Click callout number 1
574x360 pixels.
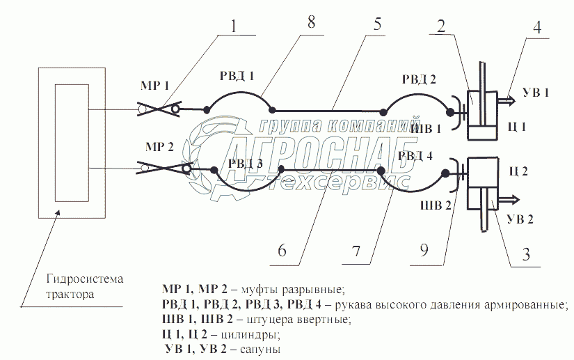pos(234,26)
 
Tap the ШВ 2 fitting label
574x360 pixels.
pos(437,205)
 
